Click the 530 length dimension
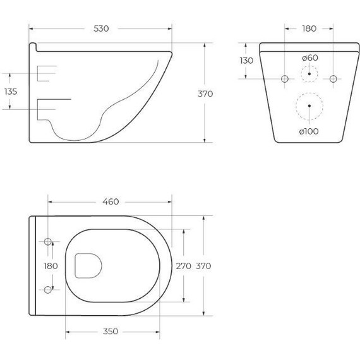101,29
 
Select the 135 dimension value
11,92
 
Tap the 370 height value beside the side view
205,93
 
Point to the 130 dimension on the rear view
246,61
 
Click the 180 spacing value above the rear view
309,29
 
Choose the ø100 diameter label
309,131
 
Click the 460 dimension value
110,202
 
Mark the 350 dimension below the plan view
110,330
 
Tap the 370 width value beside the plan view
204,266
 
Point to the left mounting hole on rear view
285,78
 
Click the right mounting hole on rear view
333,78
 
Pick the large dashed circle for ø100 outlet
309,105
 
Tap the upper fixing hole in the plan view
49,242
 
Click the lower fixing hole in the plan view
49,290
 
